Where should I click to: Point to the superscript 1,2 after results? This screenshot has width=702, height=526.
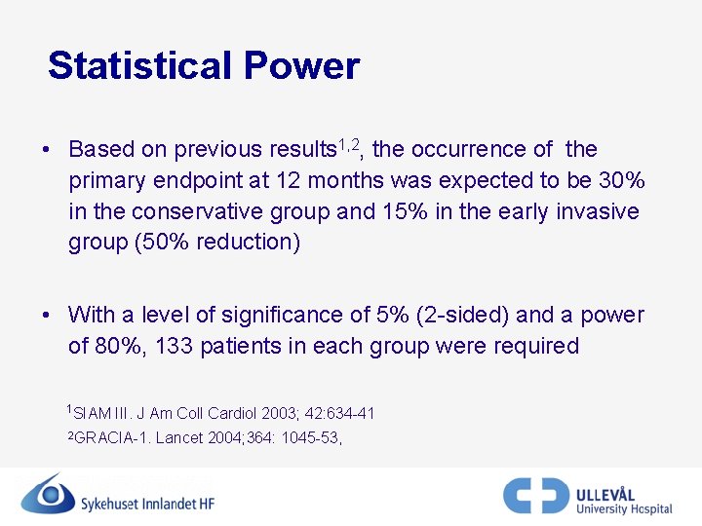point(349,145)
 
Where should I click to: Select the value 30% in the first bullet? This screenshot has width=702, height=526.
point(623,181)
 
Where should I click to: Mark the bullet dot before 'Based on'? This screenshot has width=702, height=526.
point(46,150)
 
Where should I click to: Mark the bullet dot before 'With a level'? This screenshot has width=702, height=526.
point(46,316)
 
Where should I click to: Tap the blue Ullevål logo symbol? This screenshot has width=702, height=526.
point(535,495)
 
